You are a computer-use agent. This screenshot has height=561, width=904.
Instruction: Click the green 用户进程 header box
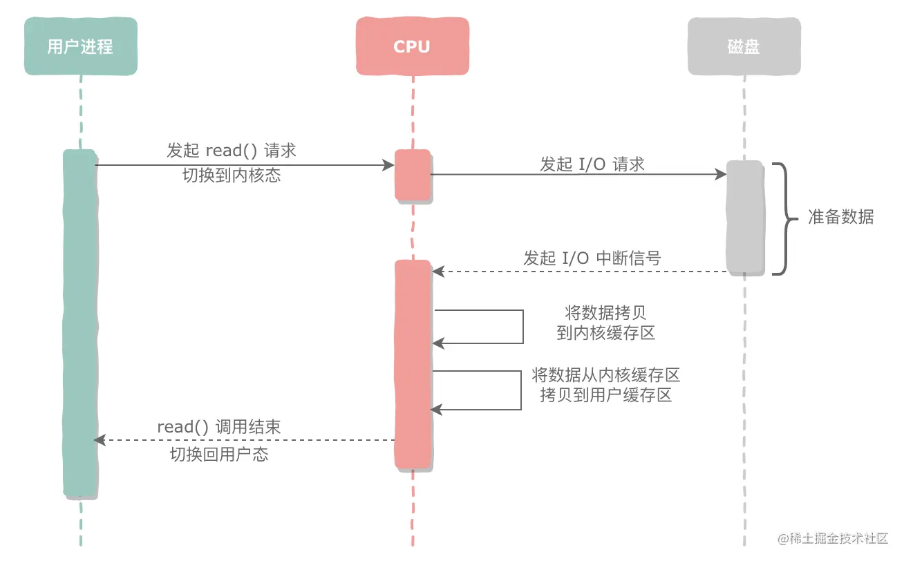(80, 46)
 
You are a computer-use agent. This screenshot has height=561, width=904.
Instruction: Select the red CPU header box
(412, 46)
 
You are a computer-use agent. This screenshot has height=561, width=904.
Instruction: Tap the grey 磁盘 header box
(744, 46)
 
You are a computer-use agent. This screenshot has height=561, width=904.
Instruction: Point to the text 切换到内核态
(232, 175)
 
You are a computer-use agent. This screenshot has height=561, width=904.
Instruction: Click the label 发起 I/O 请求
(592, 164)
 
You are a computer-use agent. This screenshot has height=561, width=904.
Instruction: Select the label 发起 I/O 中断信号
(592, 258)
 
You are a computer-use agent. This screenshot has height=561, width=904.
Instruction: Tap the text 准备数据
(841, 217)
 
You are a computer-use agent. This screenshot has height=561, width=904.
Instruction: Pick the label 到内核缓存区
(605, 332)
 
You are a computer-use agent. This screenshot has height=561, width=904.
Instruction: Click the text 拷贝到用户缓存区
(605, 395)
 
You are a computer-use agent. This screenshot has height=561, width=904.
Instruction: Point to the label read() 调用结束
(219, 427)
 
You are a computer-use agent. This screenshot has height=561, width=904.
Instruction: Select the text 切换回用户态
(219, 454)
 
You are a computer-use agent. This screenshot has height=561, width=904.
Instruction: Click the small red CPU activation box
(413, 175)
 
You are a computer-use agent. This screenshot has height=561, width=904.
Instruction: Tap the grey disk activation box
(744, 218)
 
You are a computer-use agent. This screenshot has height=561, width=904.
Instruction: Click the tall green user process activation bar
(79, 323)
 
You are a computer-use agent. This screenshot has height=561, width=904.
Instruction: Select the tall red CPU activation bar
(413, 364)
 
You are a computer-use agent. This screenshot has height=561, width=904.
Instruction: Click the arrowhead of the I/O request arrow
(721, 175)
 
